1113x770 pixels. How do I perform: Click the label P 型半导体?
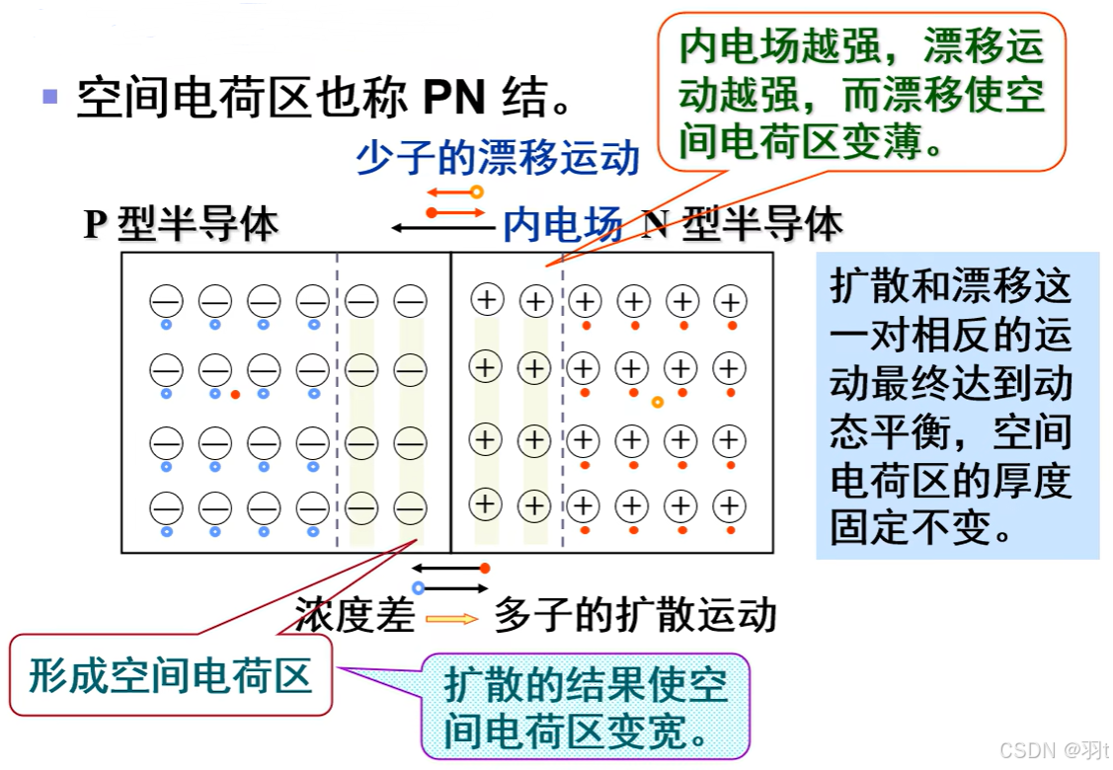click(x=181, y=225)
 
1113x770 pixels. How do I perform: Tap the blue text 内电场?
click(x=562, y=225)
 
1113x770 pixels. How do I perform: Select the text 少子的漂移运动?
click(x=498, y=157)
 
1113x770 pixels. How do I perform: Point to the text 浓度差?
click(x=354, y=616)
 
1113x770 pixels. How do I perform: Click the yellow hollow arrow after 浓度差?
click(x=452, y=619)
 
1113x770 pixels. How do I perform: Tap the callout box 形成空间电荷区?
click(x=171, y=677)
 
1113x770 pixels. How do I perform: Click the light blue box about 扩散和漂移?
click(x=956, y=406)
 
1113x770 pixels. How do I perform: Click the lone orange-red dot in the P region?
click(x=235, y=395)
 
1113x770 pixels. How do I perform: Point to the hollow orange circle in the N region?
click(x=657, y=402)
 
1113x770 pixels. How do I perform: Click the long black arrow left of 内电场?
click(x=441, y=228)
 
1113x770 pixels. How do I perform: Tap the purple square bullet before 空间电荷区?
click(x=50, y=97)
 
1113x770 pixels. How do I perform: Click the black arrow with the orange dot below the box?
click(x=450, y=568)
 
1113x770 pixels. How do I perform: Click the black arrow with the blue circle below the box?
click(x=451, y=587)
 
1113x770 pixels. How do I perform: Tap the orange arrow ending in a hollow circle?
click(x=454, y=192)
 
